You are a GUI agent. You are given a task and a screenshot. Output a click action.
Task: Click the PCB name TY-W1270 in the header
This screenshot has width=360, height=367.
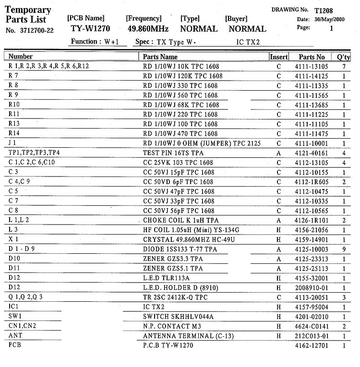point(90,28)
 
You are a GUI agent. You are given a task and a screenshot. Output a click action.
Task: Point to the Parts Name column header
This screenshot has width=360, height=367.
point(160,57)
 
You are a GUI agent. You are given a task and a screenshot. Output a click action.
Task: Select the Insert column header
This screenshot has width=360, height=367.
point(279,57)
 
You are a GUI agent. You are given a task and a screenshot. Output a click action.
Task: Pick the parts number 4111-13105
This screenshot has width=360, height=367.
point(312,66)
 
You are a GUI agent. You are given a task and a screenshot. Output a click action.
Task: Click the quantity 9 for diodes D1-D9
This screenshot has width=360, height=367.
point(344,249)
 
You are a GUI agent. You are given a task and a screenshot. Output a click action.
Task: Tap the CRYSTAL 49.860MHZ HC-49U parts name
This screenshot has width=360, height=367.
point(189,240)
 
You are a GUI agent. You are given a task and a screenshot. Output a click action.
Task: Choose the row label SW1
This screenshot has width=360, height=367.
point(16,317)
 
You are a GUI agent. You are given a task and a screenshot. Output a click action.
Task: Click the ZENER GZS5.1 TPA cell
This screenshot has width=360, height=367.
point(173,269)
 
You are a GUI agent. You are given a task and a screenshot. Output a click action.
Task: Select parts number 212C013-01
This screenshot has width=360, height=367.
point(312,336)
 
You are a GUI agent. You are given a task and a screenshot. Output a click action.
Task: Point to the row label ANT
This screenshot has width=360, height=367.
point(15,336)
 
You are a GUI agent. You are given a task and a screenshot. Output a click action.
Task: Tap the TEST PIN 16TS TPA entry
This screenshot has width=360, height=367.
point(174,153)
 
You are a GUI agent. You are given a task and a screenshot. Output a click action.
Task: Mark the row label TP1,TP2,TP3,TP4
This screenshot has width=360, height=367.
point(34,153)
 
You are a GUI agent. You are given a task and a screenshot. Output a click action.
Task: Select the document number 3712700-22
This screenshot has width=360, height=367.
point(36,30)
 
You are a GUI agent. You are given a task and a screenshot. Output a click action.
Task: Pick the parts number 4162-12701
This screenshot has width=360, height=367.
point(312,345)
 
